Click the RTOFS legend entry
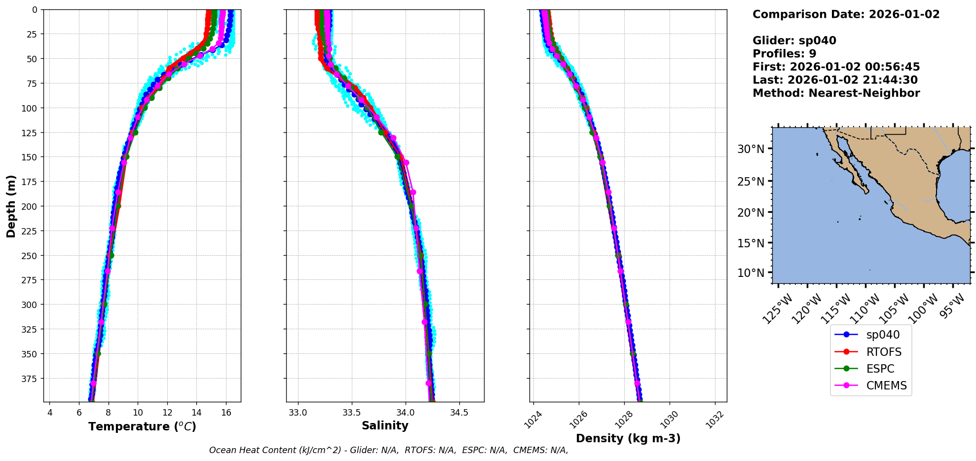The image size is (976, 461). click(x=883, y=352)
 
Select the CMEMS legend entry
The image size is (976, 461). click(x=886, y=385)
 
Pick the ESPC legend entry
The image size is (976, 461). click(x=880, y=369)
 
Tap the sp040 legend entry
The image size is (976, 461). click(x=883, y=335)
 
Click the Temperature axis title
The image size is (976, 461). click(x=142, y=426)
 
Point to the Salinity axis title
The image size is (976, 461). click(x=385, y=425)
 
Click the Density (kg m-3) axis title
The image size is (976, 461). click(x=628, y=438)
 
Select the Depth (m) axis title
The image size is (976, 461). click(x=11, y=206)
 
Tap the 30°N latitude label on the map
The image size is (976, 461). click(x=751, y=149)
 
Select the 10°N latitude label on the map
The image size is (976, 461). click(x=751, y=273)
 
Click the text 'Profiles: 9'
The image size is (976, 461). click(x=784, y=54)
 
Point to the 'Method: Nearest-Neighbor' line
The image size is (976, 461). click(x=836, y=93)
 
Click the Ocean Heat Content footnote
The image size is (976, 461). click(x=388, y=450)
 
